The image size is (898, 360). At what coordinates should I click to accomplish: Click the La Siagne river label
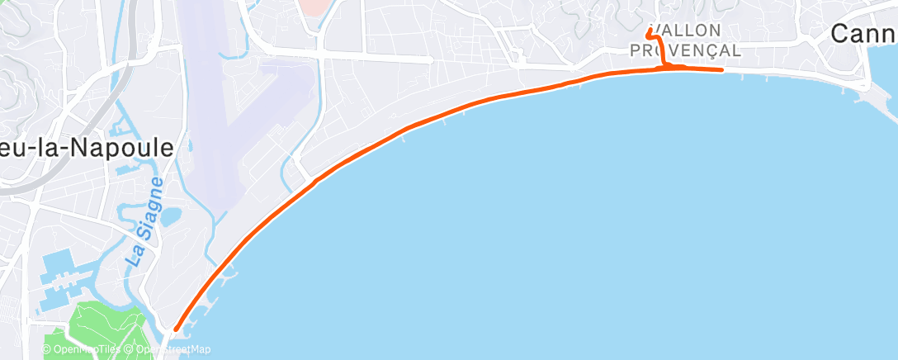point(145,220)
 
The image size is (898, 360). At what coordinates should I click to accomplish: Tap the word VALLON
point(687,31)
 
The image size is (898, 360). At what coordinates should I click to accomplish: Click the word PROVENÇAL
point(685,50)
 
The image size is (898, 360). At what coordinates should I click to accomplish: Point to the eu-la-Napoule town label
point(87,148)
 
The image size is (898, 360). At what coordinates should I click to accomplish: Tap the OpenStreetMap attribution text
point(170,349)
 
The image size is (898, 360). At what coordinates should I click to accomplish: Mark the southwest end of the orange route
point(176,330)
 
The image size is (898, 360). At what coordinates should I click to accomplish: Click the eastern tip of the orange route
point(722,70)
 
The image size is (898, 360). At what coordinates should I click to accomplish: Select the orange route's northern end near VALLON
point(650,31)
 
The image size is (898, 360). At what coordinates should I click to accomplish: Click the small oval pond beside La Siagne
point(172,217)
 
